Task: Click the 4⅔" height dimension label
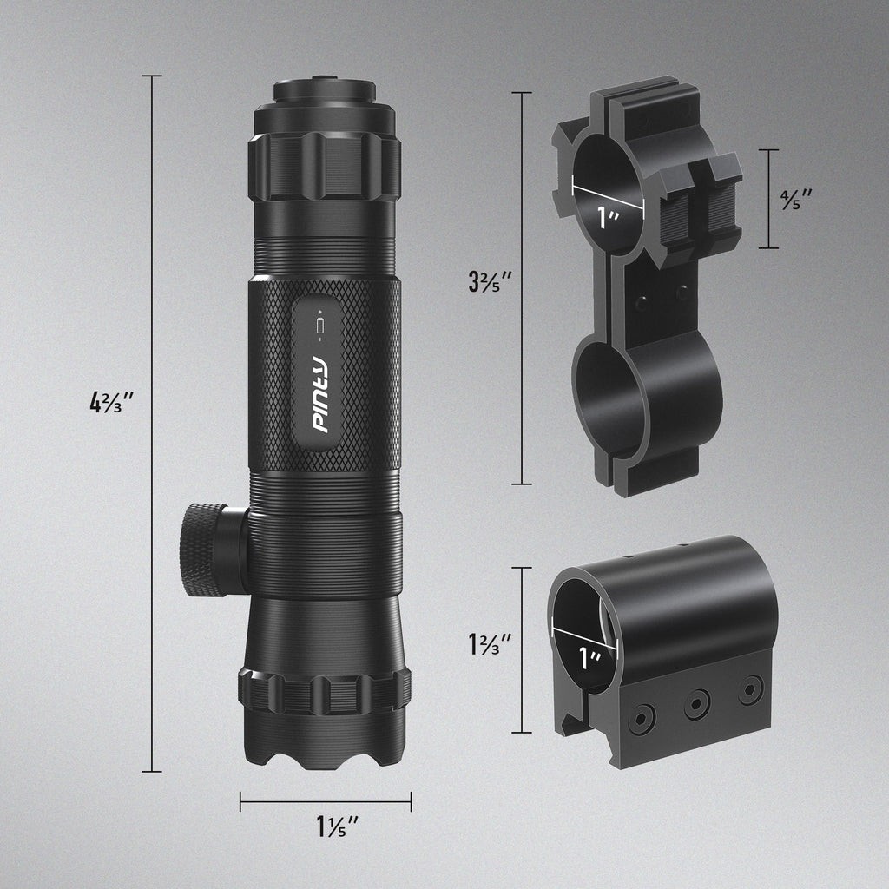click(x=111, y=403)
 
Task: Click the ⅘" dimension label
click(x=795, y=199)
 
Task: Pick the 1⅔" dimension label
click(x=488, y=644)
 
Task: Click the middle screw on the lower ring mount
click(x=696, y=704)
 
